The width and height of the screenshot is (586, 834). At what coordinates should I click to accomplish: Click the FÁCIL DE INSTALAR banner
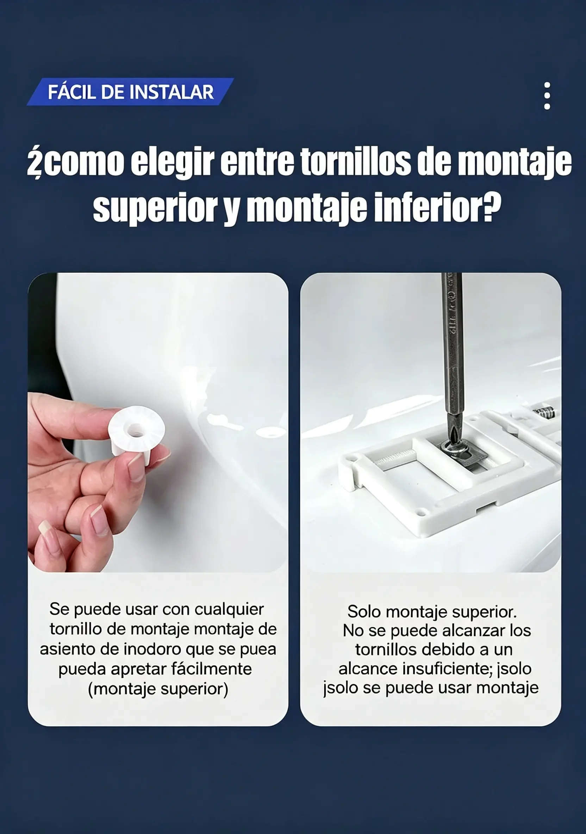click(x=130, y=92)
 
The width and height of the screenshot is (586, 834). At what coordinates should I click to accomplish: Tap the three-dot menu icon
click(x=547, y=95)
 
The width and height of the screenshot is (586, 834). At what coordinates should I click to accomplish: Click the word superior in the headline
click(x=155, y=208)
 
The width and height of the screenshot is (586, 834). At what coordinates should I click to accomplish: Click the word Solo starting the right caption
click(x=364, y=612)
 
